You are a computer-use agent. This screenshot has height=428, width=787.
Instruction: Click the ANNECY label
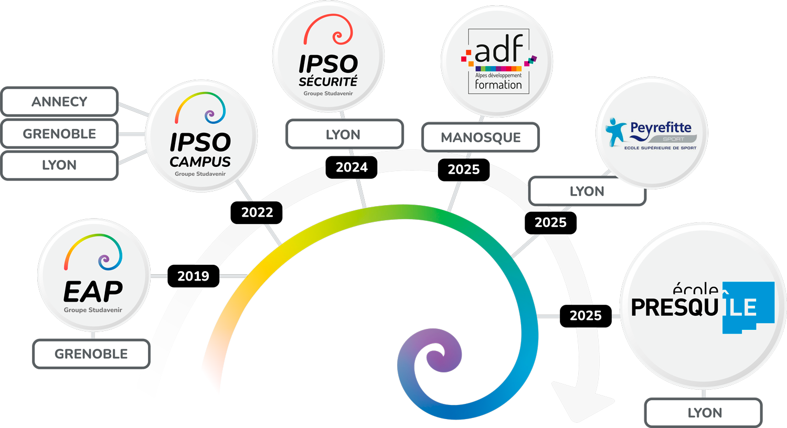pos(59,102)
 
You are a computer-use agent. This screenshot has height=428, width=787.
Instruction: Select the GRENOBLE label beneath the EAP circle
pos(91,354)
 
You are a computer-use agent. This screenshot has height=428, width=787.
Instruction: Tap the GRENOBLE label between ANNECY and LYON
pos(59,134)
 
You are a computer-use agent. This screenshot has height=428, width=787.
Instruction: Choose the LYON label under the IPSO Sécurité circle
pos(344,135)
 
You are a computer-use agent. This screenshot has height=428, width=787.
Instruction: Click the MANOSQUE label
pos(481,137)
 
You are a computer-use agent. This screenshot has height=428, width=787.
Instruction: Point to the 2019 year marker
pos(193,276)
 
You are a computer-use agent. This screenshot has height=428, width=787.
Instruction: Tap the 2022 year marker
pos(257,212)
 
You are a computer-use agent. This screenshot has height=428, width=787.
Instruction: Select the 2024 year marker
pos(352,167)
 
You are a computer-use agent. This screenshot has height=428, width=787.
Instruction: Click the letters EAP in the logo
pos(93,292)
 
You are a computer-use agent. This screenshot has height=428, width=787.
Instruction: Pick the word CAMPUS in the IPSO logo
pos(200,162)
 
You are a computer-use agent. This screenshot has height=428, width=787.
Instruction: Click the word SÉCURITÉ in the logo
pos(328,82)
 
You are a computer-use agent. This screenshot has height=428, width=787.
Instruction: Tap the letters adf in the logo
pos(498,50)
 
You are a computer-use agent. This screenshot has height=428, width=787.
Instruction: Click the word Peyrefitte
pos(661,127)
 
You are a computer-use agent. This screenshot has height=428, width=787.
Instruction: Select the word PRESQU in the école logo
pos(674,308)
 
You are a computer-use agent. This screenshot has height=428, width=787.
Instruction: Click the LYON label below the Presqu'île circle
pos(705,413)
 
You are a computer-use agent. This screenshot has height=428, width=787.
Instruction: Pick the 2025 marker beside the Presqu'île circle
pos(586,316)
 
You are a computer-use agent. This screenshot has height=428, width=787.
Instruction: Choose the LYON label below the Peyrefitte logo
pos(587,191)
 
